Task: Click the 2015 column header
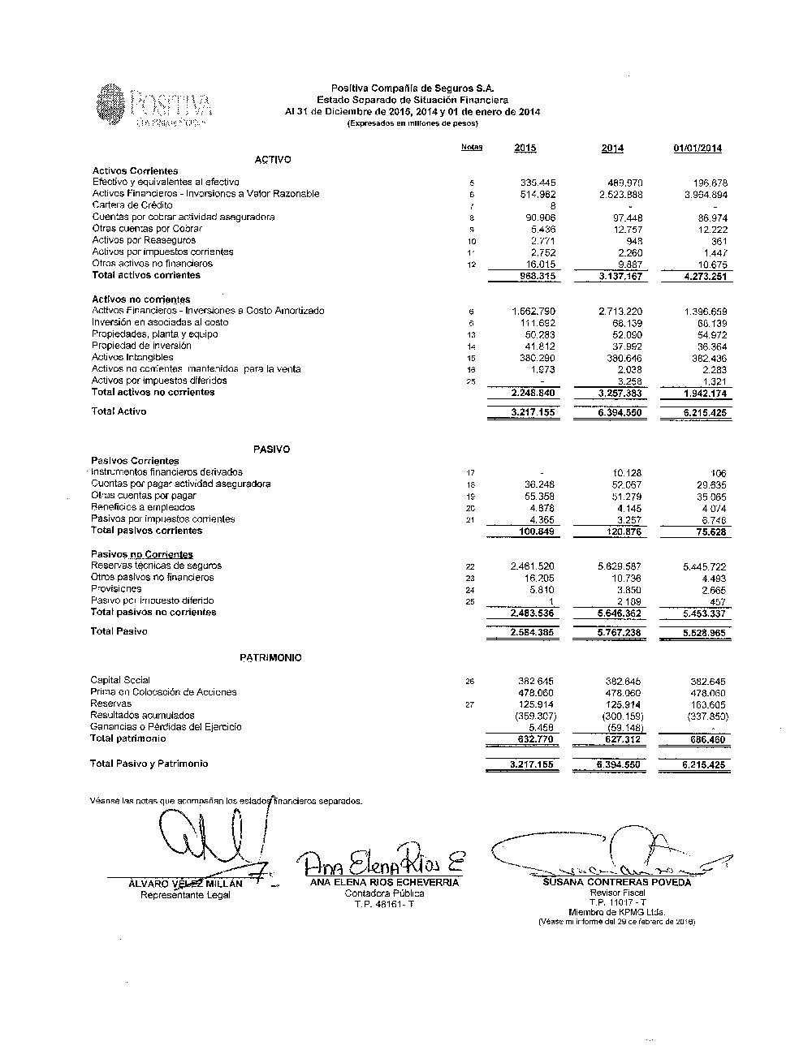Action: pyautogui.click(x=525, y=148)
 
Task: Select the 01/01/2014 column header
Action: pyautogui.click(x=698, y=148)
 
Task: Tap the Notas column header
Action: pyautogui.click(x=471, y=147)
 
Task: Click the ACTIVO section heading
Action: pyautogui.click(x=273, y=160)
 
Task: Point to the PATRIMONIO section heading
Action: pyautogui.click(x=270, y=658)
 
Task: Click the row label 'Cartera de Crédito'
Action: pyautogui.click(x=132, y=205)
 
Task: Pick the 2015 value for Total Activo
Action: pyautogui.click(x=533, y=412)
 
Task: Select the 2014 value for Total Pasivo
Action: pyautogui.click(x=619, y=632)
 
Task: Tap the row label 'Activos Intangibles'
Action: pyautogui.click(x=132, y=357)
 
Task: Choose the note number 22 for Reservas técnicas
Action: pyautogui.click(x=470, y=567)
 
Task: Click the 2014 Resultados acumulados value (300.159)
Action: pyautogui.click(x=622, y=716)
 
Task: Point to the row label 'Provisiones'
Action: pyautogui.click(x=116, y=589)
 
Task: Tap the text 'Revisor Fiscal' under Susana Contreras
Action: pyautogui.click(x=617, y=893)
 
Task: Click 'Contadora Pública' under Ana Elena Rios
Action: pyautogui.click(x=384, y=893)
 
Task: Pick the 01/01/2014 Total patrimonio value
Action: pyautogui.click(x=705, y=740)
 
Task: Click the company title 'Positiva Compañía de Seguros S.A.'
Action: pyautogui.click(x=412, y=88)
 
